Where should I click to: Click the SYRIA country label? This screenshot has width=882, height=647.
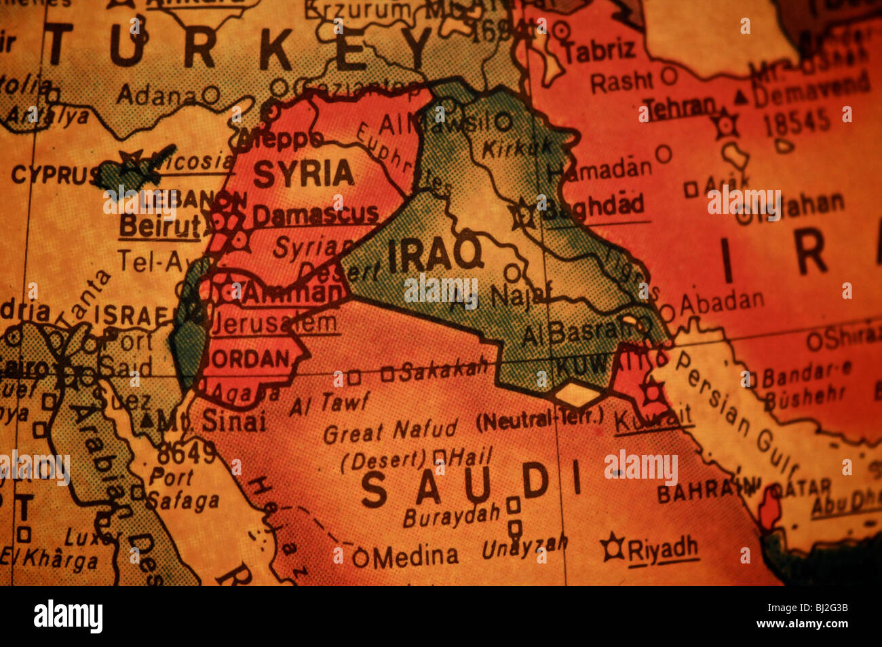303,174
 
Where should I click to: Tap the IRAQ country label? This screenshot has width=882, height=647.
434,256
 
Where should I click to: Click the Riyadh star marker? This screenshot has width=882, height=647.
613,547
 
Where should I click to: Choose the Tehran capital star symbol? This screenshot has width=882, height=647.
726,125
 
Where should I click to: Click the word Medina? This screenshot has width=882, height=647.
415,557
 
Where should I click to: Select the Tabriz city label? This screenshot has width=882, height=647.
600,50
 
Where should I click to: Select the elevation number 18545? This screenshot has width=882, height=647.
797,122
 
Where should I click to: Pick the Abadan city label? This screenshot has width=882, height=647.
721,299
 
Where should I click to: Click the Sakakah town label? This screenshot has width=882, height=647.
444,369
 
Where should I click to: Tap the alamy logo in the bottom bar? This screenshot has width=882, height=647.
68,616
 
